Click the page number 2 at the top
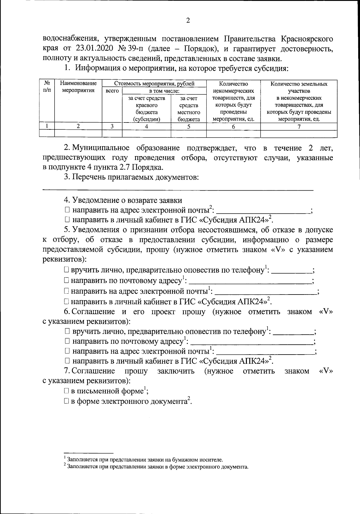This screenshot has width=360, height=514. (188, 20)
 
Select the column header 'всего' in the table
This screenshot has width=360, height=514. (112, 91)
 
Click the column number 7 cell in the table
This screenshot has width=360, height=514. (299, 126)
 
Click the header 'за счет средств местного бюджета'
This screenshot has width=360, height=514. (189, 109)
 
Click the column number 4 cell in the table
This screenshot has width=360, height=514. (146, 126)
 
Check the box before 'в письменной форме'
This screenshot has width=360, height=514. (66, 392)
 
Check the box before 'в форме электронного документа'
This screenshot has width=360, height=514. (66, 402)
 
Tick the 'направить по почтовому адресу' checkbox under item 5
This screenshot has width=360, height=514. (67, 281)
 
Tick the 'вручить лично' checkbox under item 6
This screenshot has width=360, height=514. (67, 332)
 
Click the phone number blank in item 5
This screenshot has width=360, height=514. (293, 271)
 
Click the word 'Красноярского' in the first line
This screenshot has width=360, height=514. (307, 39)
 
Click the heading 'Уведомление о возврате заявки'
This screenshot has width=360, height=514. (127, 200)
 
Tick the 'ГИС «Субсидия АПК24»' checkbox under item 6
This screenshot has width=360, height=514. (67, 361)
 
